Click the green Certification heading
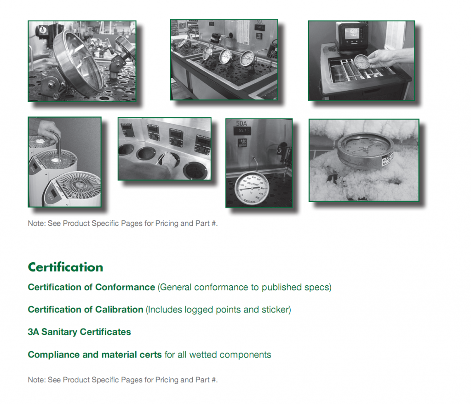coord(65,267)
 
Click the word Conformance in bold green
coord(125,287)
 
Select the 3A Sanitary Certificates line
coord(79,332)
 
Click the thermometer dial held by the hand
coord(362,62)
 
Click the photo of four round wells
coord(164,149)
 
